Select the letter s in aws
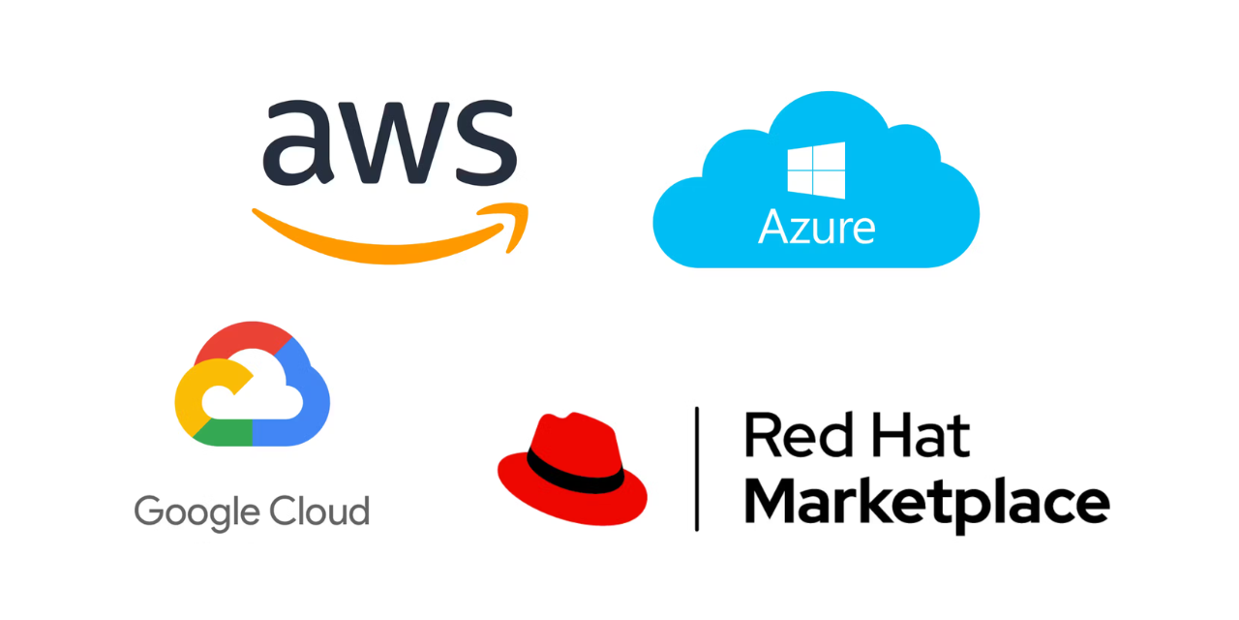[487, 142]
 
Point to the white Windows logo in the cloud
[816, 170]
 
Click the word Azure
[816, 227]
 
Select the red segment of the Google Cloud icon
[243, 339]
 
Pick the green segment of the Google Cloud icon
[223, 433]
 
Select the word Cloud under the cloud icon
[319, 511]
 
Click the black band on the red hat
[574, 471]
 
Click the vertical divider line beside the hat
[697, 469]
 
